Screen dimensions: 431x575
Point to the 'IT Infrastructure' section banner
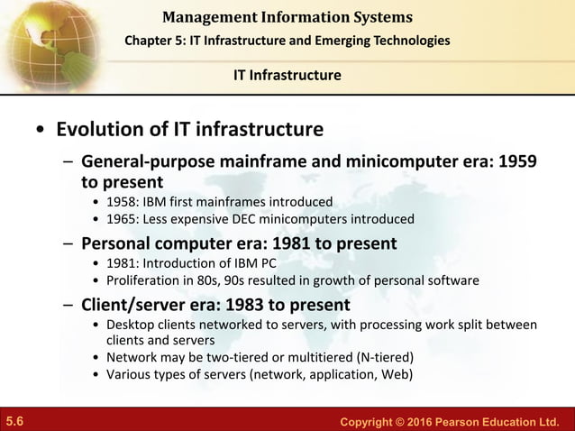click(287, 75)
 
